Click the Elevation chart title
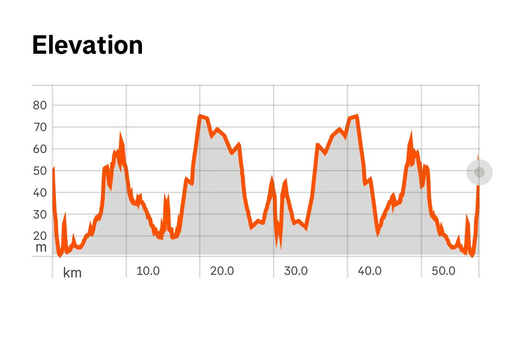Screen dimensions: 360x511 [87, 45]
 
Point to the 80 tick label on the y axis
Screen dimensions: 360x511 [40, 105]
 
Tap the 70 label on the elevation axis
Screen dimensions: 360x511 [40, 127]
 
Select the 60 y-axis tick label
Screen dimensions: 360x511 [40, 149]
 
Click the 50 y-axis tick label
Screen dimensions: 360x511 [40, 171]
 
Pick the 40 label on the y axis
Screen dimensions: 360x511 [40, 193]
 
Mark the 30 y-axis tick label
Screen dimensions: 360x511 [40, 215]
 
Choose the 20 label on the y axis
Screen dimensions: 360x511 [40, 236]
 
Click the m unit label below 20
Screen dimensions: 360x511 [41, 247]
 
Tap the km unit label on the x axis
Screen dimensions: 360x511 [73, 273]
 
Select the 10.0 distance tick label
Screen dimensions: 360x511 [148, 271]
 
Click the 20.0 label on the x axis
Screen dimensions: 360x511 [222, 271]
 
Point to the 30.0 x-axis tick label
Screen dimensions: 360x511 [296, 271]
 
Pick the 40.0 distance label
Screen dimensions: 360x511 [369, 271]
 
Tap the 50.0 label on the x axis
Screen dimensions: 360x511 [443, 271]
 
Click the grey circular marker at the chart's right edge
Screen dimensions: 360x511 [479, 172]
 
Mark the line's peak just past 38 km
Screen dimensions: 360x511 [357, 116]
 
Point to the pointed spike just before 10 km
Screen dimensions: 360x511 [121, 135]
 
